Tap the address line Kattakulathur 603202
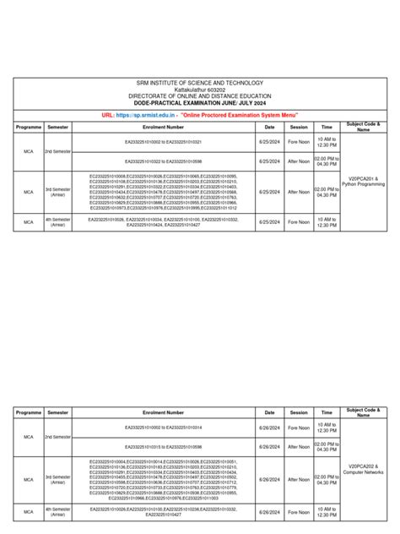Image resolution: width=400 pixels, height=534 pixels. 200,90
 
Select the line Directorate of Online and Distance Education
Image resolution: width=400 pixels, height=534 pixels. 200,95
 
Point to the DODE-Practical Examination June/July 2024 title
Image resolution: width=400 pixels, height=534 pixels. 200,102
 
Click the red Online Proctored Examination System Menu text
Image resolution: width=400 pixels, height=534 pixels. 239,113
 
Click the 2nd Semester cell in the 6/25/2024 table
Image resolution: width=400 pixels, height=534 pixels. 57,150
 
